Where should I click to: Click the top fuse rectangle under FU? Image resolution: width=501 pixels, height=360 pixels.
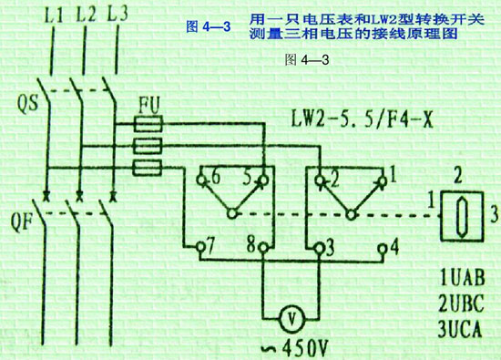[148, 123]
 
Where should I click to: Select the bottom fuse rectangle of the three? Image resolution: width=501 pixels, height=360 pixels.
[148, 167]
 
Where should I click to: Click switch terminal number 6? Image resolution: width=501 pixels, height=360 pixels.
[216, 174]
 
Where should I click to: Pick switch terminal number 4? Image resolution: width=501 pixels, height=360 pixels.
[394, 245]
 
